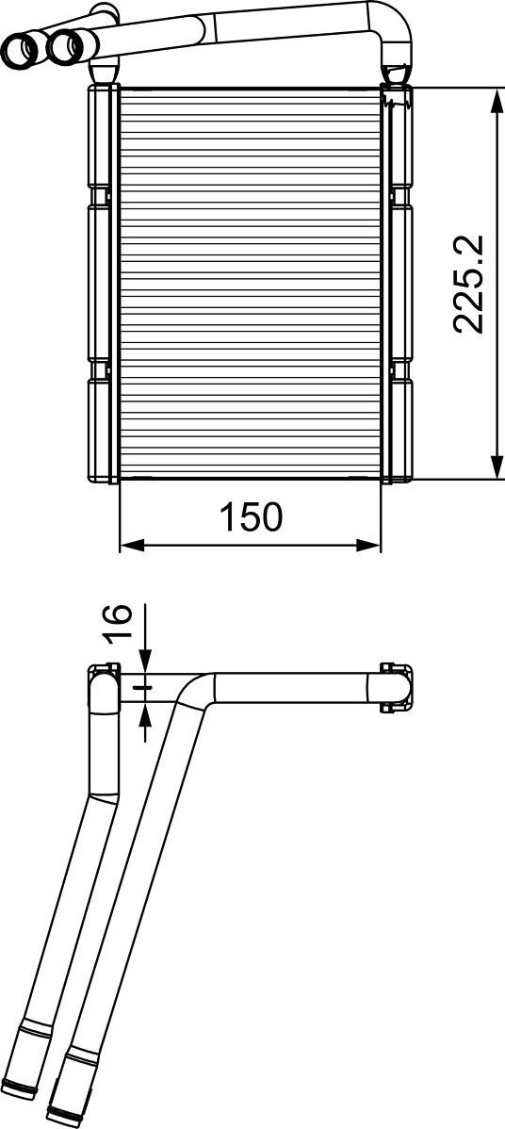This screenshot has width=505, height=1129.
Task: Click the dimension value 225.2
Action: tap(469, 284)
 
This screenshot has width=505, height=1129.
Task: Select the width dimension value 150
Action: tap(251, 516)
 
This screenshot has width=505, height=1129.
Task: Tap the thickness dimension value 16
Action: tap(117, 623)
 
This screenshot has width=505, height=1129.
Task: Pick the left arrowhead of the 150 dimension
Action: tap(131, 545)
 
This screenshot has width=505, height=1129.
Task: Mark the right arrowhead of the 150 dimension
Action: tap(370, 545)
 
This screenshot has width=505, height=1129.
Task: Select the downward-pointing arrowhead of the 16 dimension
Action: tap(145, 663)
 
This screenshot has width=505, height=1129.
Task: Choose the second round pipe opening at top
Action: tap(65, 44)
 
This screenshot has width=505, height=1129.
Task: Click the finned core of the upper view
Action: tap(251, 283)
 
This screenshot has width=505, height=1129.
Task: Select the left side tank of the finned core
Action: tap(102, 283)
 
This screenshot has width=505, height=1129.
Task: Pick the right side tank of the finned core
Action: tap(400, 283)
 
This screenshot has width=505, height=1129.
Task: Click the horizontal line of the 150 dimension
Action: tap(251, 545)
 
